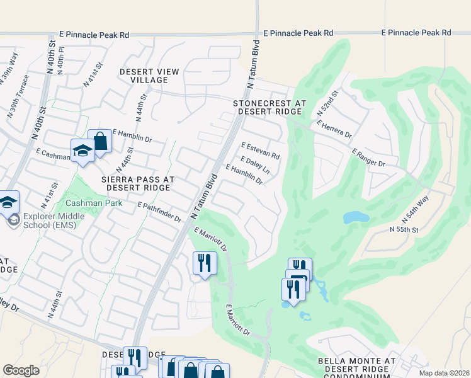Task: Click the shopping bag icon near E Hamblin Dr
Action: (x=99, y=142)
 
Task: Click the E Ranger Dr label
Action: (x=368, y=157)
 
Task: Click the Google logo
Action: (x=21, y=370)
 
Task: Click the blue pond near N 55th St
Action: (x=356, y=217)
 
